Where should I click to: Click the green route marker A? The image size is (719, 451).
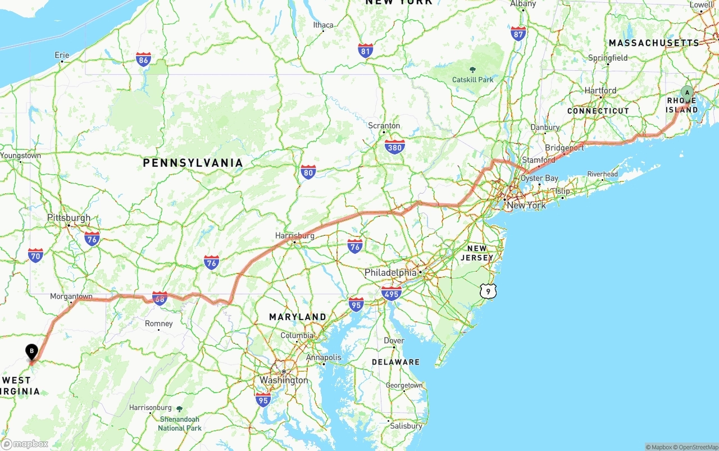point(686,93)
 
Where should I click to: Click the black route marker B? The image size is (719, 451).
point(32,352)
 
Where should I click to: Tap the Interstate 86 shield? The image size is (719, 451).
point(143,60)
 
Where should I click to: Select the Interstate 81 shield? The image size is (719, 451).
point(366,51)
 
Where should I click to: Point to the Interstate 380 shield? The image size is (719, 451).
point(395,147)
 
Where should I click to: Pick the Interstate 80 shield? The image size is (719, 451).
point(308,172)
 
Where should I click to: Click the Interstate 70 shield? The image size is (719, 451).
point(35,256)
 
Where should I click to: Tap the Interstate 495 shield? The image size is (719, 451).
point(391,293)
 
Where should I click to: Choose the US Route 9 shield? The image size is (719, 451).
point(488,291)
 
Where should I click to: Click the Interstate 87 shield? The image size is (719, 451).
point(518,33)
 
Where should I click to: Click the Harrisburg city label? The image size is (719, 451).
point(295,236)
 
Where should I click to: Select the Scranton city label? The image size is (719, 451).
point(384,126)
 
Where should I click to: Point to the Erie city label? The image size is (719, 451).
point(62,55)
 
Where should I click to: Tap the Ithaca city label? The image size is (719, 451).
point(323,25)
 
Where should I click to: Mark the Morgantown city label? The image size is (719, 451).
point(71,296)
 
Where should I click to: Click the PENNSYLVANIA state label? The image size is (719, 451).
point(193,163)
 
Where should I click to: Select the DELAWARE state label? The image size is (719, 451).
point(395,362)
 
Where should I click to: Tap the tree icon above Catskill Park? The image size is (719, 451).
point(472,70)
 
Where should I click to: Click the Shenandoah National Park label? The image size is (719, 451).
point(179,423)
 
